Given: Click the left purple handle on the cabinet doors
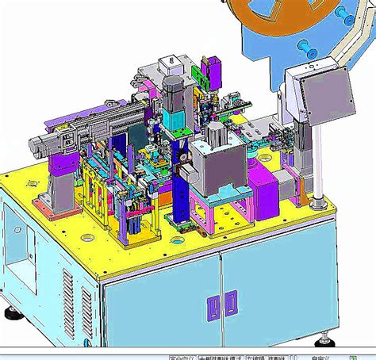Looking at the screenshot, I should click(212, 302).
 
